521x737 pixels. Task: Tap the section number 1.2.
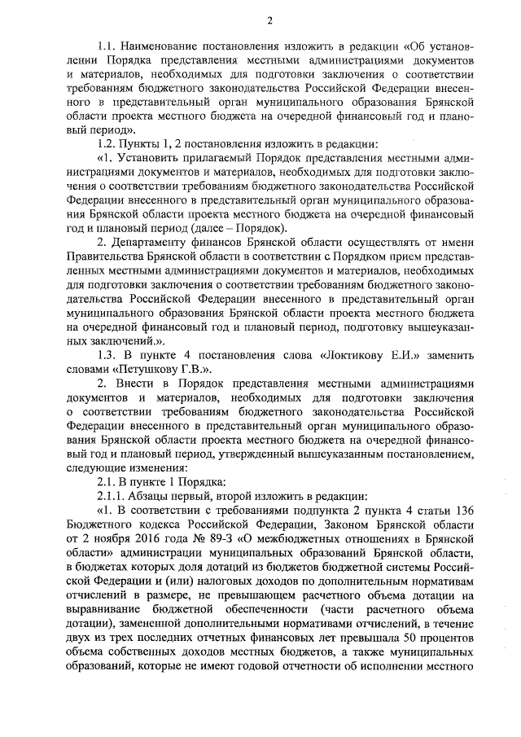coord(107,143)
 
